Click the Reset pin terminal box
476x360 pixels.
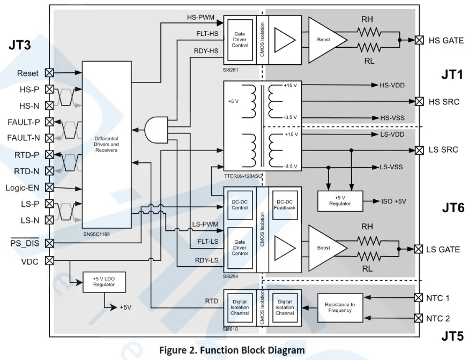click(49, 72)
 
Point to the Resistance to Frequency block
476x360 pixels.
click(339, 307)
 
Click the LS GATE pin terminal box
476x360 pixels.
click(419, 249)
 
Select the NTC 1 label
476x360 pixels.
click(438, 297)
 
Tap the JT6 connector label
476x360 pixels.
click(453, 208)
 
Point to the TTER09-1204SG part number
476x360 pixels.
click(243, 175)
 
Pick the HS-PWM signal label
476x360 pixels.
click(200, 17)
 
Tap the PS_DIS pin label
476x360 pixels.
click(25, 243)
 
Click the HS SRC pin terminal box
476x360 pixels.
click(419, 101)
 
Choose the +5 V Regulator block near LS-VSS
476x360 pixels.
click(340, 201)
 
